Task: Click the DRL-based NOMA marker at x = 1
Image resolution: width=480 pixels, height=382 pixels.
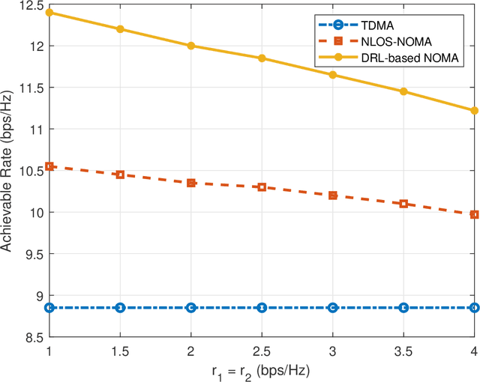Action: (x=49, y=13)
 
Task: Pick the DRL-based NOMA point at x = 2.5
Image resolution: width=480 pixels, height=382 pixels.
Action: (x=262, y=58)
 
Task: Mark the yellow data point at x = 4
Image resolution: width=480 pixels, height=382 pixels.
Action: (x=474, y=110)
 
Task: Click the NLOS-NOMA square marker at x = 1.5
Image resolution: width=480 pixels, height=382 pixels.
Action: (x=120, y=175)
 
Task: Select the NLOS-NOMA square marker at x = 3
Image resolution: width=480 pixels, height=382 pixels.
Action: (x=332, y=195)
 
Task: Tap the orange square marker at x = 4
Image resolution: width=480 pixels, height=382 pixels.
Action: (x=474, y=214)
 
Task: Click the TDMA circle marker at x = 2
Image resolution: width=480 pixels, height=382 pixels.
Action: (x=191, y=308)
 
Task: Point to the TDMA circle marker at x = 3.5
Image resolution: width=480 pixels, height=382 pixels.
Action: (x=403, y=308)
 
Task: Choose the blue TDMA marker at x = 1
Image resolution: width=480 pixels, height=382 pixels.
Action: (x=49, y=308)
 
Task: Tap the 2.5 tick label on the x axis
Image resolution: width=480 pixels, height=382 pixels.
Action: (x=262, y=351)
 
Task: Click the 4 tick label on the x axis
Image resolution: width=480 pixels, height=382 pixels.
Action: (x=474, y=351)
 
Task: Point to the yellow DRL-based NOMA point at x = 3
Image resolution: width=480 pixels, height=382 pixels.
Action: (x=332, y=75)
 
